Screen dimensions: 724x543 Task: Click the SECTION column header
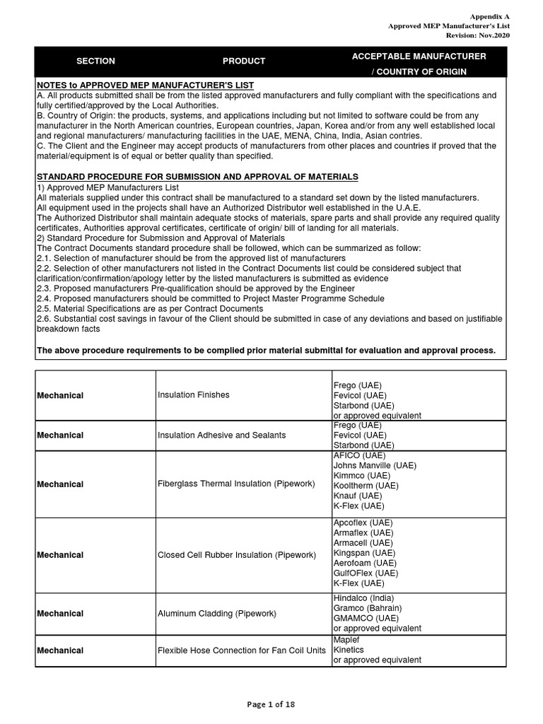pyautogui.click(x=95, y=62)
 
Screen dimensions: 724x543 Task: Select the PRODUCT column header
pyautogui.click(x=244, y=62)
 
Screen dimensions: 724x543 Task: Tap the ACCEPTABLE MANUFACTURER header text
pyautogui.click(x=419, y=55)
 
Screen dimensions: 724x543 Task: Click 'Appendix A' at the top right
pyautogui.click(x=489, y=16)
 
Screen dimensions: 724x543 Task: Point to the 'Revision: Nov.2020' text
pyautogui.click(x=477, y=35)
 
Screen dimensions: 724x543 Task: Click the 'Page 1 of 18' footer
pyautogui.click(x=271, y=703)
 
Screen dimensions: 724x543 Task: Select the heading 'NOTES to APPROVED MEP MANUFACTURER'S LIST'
pyautogui.click(x=145, y=86)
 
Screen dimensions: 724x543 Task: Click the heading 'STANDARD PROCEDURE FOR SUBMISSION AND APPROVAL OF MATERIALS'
pyautogui.click(x=197, y=176)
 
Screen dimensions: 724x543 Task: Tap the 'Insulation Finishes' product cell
pyautogui.click(x=193, y=395)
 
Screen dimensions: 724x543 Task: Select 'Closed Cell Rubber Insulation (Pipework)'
pyautogui.click(x=236, y=555)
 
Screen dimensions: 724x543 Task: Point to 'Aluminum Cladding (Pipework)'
pyautogui.click(x=216, y=614)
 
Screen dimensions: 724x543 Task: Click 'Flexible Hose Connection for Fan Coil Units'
pyautogui.click(x=242, y=650)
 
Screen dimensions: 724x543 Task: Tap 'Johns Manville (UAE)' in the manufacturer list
pyautogui.click(x=375, y=466)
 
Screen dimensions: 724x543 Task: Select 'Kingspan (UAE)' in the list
pyautogui.click(x=363, y=553)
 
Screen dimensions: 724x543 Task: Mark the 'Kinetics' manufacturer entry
pyautogui.click(x=349, y=650)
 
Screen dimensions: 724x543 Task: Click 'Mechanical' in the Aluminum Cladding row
pyautogui.click(x=60, y=614)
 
